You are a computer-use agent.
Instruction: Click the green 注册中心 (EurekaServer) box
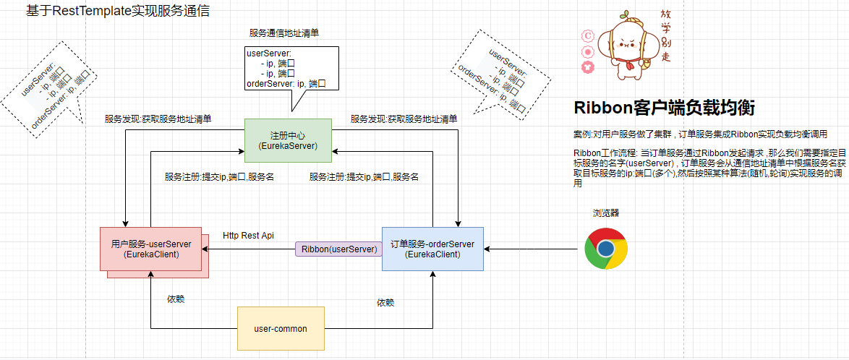287,140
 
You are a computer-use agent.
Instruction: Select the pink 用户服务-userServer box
151,249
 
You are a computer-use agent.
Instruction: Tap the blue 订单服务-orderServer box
432,249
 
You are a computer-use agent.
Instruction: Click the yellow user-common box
281,329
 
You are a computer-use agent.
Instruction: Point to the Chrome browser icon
605,248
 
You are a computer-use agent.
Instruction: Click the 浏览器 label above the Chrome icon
606,213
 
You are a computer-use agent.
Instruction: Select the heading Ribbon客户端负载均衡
664,108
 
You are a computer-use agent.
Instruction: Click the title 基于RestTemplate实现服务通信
117,12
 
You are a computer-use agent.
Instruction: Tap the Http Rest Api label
248,236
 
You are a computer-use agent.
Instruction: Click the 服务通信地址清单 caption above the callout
284,33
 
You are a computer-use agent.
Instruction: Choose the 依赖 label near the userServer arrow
176,299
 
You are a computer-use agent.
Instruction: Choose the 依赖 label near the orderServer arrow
386,302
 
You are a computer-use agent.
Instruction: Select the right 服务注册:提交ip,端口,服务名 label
364,176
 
